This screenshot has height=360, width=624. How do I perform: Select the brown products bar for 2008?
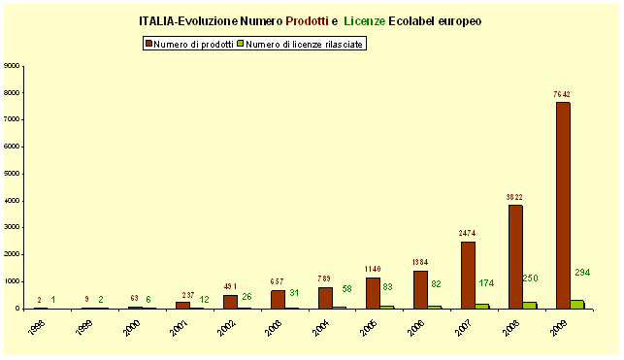coord(515,256)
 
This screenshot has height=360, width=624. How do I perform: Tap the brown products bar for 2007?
coord(468,275)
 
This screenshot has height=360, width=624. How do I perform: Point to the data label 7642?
coord(562,94)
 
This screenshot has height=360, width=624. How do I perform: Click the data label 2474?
coord(467,233)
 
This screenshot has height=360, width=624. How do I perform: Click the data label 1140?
coord(373,268)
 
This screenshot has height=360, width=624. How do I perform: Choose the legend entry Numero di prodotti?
coord(188,45)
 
